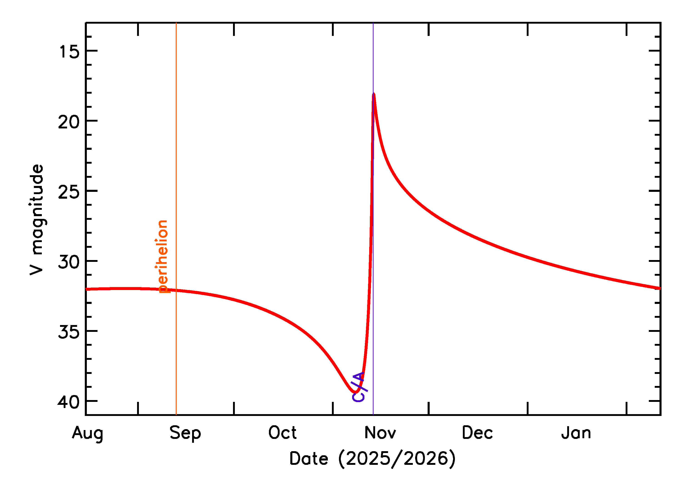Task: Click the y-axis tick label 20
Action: pos(69,122)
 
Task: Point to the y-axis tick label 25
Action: pos(69,192)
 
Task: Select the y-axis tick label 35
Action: pos(69,332)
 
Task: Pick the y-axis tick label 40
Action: pos(69,402)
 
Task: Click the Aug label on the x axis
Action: pos(88,433)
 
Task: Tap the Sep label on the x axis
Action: pos(185,433)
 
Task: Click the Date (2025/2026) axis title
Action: pos(372,459)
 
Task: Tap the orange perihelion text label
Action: pos(162,256)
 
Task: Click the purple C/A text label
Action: pos(359,387)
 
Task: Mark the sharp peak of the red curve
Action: pos(374,95)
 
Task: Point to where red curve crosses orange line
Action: pos(176,290)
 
